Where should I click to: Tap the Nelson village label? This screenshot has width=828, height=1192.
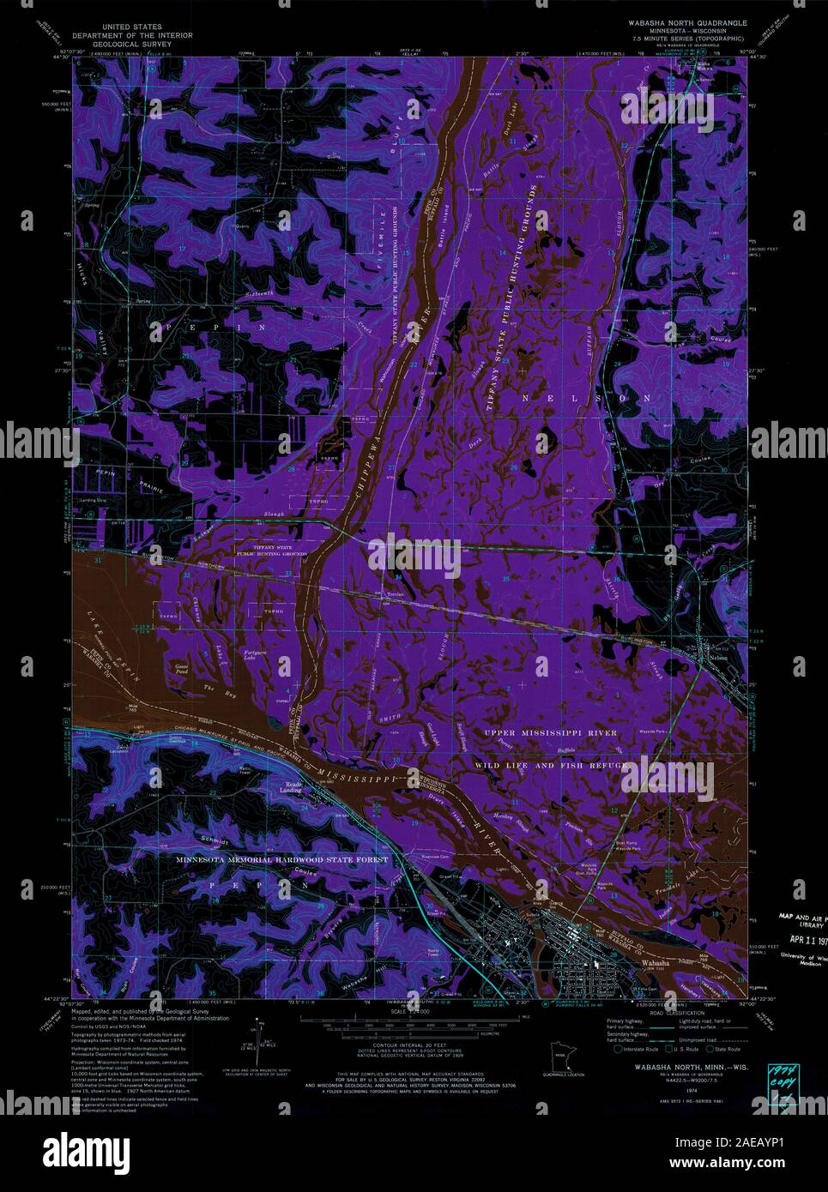(x=720, y=659)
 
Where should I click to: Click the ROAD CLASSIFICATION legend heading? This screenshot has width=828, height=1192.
(x=656, y=1014)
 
